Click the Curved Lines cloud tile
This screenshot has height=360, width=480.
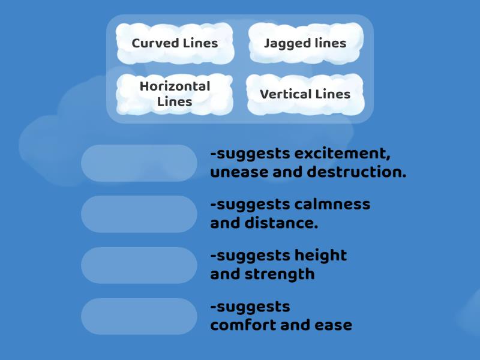(x=175, y=43)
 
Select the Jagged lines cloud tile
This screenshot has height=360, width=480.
(x=305, y=43)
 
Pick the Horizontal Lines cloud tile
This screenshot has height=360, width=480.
(x=175, y=94)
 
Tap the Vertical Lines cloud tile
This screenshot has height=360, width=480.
(x=305, y=94)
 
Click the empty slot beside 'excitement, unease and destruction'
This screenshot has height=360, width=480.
(x=139, y=163)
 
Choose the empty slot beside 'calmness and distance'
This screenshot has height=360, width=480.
(x=139, y=214)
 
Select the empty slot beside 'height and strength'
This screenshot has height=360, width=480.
(x=139, y=265)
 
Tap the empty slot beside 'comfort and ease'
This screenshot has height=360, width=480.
(x=139, y=316)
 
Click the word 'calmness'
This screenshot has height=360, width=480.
(x=332, y=205)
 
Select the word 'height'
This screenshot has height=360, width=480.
(x=320, y=256)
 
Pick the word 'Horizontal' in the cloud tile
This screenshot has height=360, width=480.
(x=175, y=86)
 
